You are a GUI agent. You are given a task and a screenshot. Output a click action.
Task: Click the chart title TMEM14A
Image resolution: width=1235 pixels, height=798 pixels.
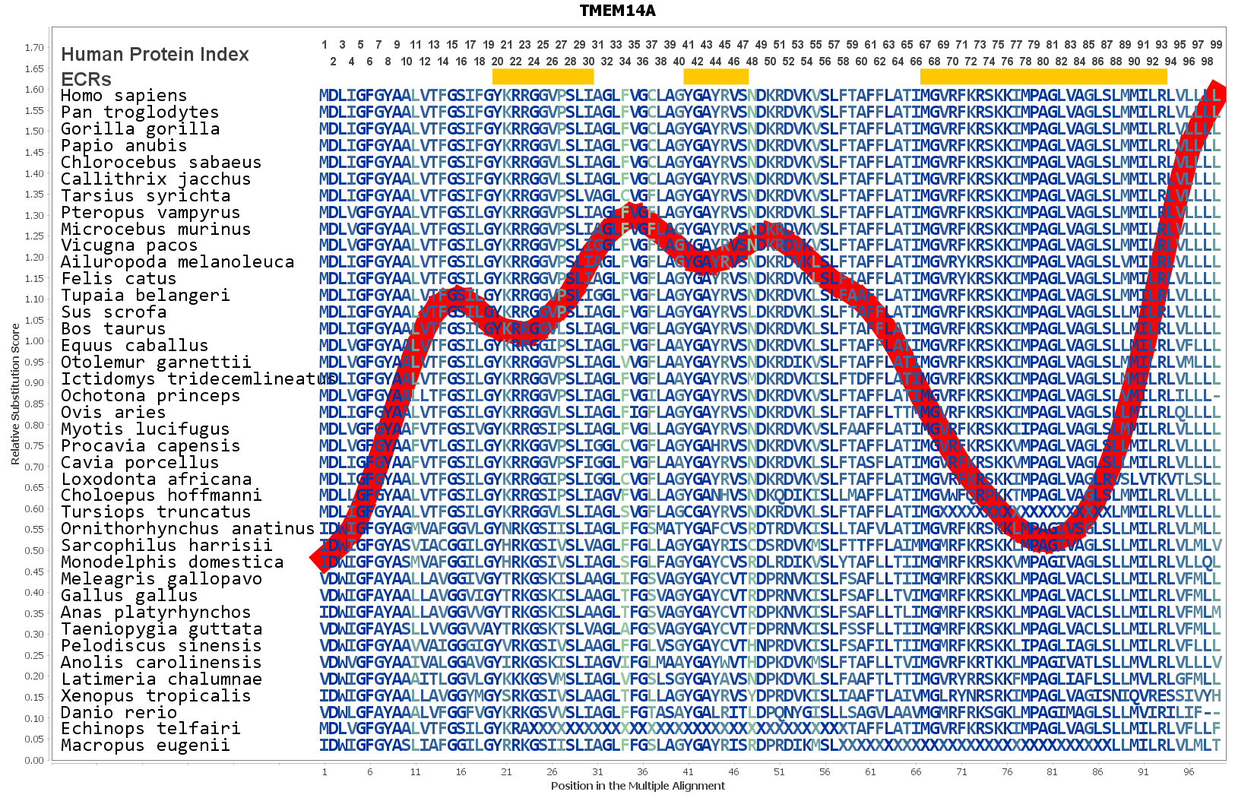coord(617,11)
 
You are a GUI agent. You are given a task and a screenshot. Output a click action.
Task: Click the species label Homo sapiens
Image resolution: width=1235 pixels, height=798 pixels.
coord(124,96)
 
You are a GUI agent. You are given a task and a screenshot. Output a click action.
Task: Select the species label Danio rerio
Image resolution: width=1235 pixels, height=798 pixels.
coord(119,713)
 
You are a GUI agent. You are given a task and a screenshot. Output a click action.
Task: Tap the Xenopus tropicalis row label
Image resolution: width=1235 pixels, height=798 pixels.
coord(156,696)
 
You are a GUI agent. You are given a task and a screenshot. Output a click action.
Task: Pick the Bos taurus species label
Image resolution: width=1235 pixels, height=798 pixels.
coord(113,329)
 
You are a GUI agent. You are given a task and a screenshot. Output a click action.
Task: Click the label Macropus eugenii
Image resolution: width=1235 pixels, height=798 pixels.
coord(145,746)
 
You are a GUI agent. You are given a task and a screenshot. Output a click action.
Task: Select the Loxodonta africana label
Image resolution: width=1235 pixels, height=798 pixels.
coord(156,480)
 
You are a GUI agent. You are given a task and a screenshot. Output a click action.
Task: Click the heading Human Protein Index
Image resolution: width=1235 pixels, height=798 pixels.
coord(155,55)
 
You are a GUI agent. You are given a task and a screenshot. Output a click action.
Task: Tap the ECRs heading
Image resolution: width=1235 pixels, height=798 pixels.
coord(86,79)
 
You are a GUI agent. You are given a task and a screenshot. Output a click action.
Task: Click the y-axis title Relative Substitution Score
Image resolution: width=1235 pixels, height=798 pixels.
coord(15,394)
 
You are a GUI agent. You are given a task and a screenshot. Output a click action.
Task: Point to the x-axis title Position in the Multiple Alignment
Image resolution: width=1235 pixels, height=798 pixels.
coord(638,786)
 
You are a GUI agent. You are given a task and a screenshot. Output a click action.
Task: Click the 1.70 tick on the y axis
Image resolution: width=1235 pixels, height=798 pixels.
coord(34,47)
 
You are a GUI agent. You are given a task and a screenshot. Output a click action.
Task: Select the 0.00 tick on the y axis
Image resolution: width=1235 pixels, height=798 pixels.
coord(34,760)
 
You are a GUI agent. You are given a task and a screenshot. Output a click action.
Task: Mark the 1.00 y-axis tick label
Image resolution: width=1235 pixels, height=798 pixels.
coord(34,341)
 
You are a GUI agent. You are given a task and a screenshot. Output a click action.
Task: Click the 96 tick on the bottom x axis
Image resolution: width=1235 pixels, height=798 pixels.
coord(1189,771)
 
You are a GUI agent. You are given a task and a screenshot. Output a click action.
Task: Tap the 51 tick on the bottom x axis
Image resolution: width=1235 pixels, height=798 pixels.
coord(779,771)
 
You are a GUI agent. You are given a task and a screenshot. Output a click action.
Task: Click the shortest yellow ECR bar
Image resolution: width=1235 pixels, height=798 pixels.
coord(716,76)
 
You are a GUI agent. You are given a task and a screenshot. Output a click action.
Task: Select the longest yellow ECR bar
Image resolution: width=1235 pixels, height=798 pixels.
coord(1043,76)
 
